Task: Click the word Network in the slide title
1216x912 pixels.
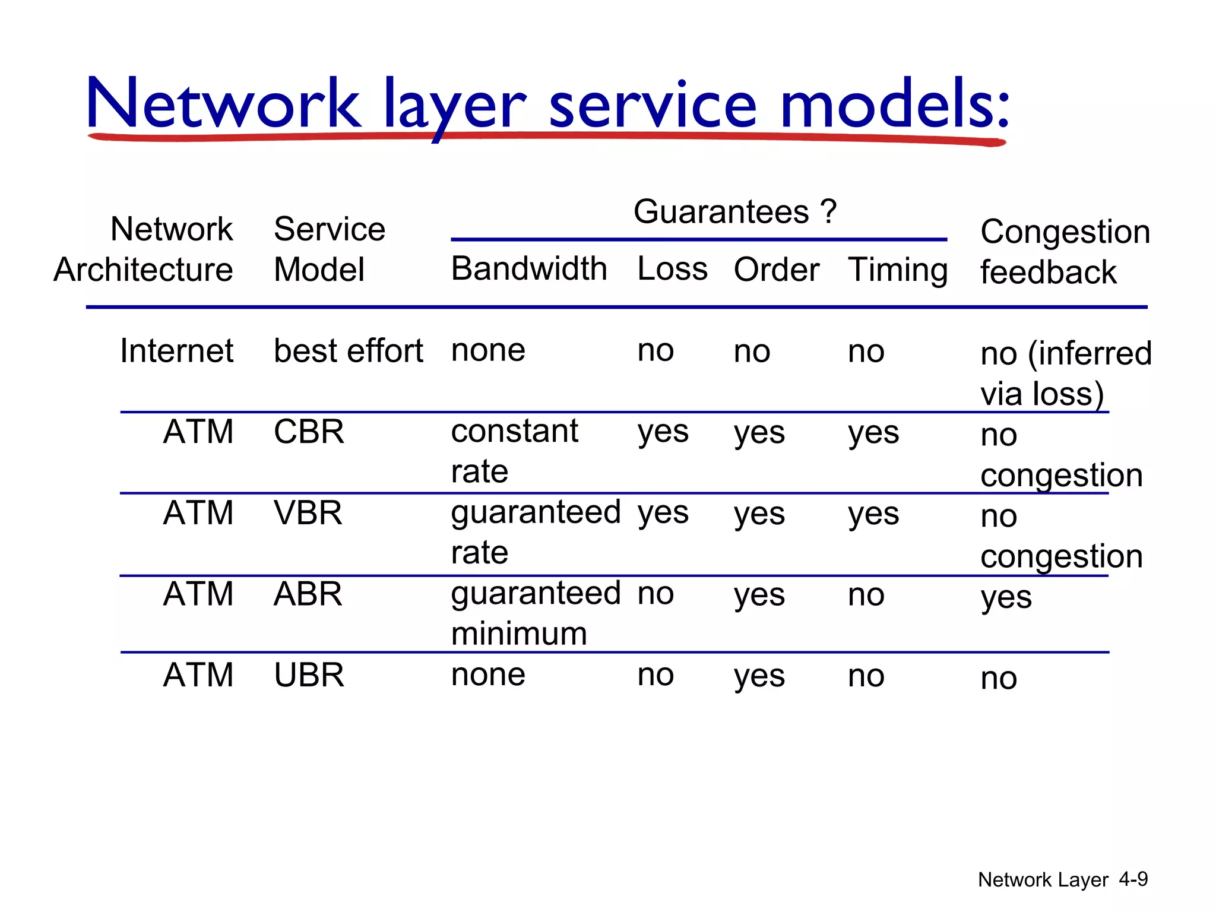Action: pos(223,104)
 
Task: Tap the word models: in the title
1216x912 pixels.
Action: pos(894,104)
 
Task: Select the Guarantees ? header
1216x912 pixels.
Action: pos(734,211)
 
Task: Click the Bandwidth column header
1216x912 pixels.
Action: pos(528,269)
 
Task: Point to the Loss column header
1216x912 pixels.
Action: pos(672,269)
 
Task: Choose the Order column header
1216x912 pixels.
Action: pos(776,270)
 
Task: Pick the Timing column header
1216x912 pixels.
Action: pos(897,270)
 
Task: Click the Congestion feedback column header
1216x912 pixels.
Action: pos(1064,251)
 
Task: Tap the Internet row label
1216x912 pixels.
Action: pos(176,350)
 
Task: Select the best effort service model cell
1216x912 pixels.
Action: pos(348,351)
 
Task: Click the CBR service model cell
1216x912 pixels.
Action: pos(309,432)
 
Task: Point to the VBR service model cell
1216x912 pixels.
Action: pos(308,513)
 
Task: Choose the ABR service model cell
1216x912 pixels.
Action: pos(308,594)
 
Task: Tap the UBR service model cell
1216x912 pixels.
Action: pos(309,675)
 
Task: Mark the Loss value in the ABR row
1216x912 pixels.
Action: pos(655,594)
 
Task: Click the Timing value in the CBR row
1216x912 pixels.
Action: pos(873,433)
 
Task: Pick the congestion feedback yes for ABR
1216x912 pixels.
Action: pos(1005,597)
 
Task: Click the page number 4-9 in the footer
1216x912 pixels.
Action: pos(1133,879)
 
